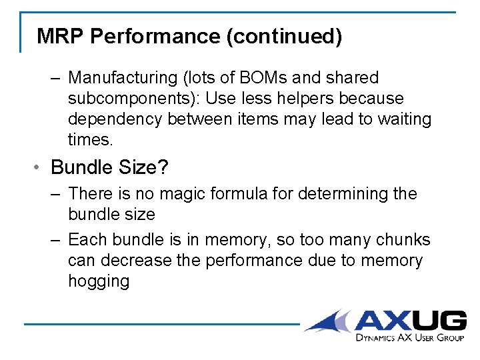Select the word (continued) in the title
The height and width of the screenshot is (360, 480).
[x=284, y=36]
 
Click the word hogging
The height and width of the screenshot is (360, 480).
[x=99, y=281]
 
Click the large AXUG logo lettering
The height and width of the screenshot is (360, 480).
[x=409, y=321]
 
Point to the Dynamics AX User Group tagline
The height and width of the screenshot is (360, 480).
[x=409, y=338]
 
